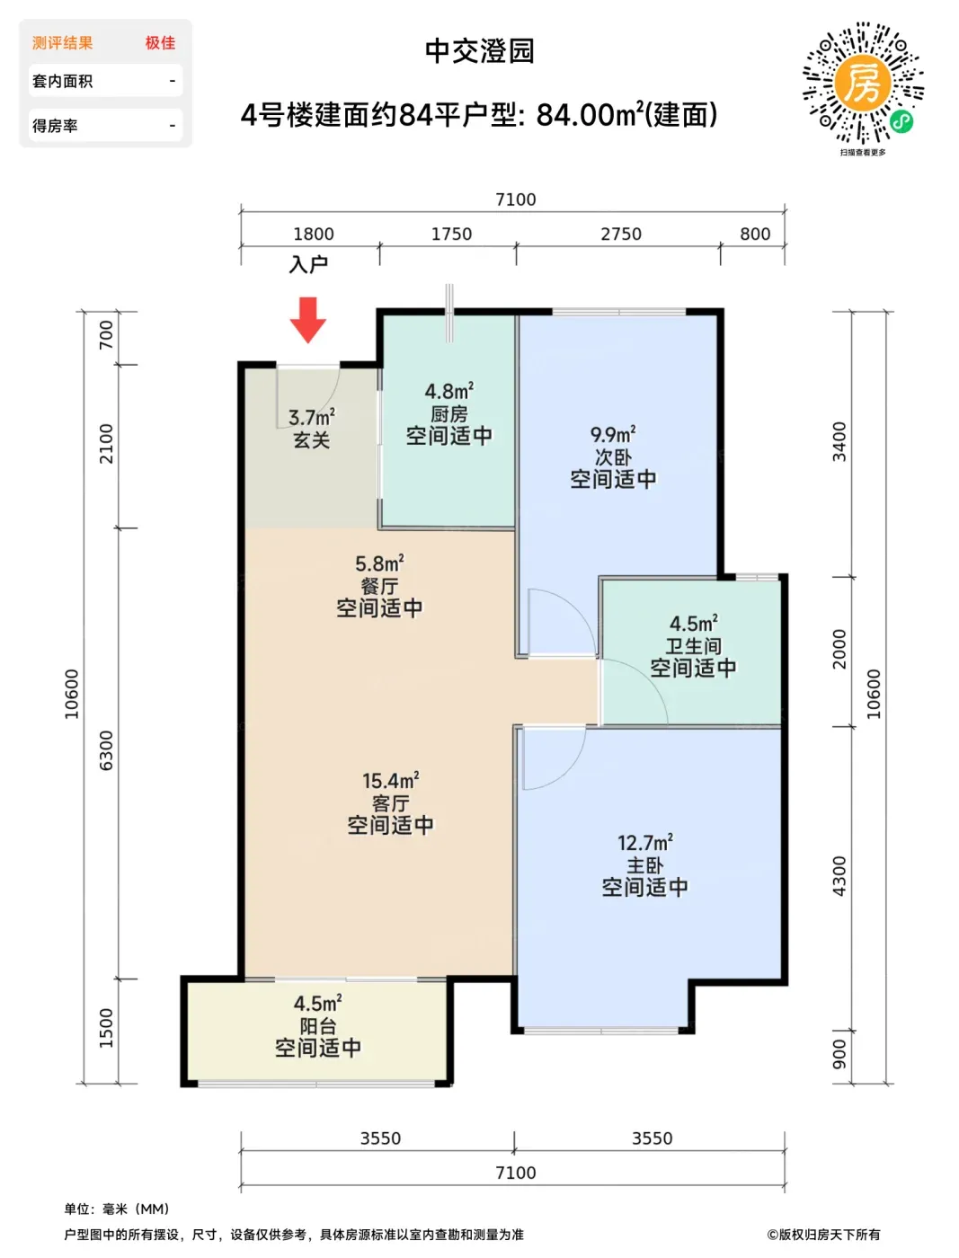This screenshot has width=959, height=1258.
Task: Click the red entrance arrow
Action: click(x=307, y=320)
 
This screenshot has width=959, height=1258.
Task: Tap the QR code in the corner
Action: click(x=863, y=83)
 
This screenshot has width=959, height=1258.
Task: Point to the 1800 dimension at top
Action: click(x=314, y=234)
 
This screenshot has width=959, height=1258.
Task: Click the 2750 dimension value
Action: click(x=621, y=234)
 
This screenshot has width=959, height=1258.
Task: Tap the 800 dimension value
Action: click(x=755, y=234)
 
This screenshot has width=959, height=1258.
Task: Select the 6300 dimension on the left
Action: click(x=107, y=750)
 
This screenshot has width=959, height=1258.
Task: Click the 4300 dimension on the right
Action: click(x=839, y=876)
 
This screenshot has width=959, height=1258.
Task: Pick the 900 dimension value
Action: click(x=839, y=1054)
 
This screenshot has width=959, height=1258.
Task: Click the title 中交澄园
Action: click(x=480, y=51)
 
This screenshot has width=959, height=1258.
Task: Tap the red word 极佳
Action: click(x=160, y=43)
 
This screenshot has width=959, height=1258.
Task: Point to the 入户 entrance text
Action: click(x=308, y=264)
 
